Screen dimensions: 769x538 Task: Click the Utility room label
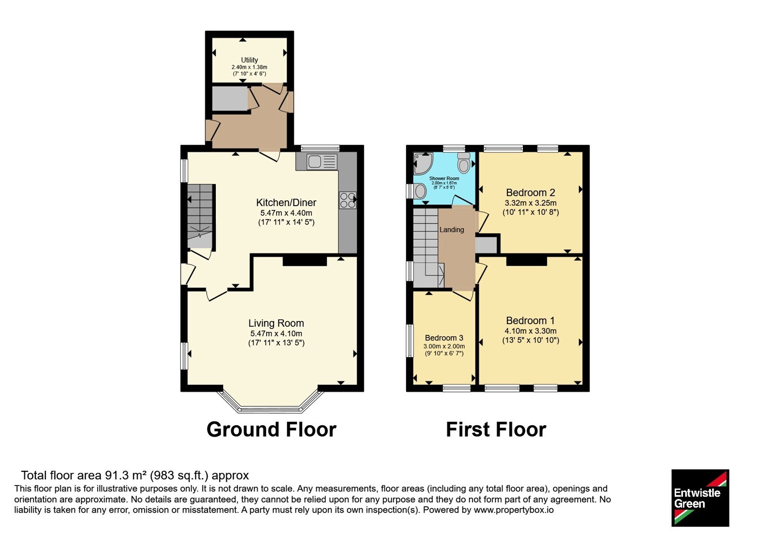pyautogui.click(x=249, y=60)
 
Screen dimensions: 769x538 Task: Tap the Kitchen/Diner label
pyautogui.click(x=286, y=202)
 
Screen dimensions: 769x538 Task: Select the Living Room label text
pyautogui.click(x=276, y=323)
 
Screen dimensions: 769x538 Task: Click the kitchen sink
pyautogui.click(x=322, y=161)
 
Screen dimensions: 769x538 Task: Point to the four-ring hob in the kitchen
pyautogui.click(x=348, y=200)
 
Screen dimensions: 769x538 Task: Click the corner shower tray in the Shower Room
pyautogui.click(x=423, y=163)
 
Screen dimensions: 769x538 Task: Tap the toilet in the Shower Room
pyautogui.click(x=464, y=162)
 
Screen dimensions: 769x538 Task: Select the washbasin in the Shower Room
pyautogui.click(x=420, y=191)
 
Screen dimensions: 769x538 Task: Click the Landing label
pyautogui.click(x=452, y=230)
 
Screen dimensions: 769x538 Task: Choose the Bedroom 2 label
pyautogui.click(x=531, y=193)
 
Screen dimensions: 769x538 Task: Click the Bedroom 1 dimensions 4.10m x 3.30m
pyautogui.click(x=531, y=331)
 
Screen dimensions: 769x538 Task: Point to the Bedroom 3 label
pyautogui.click(x=444, y=338)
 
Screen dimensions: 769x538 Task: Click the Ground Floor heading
pyautogui.click(x=272, y=429)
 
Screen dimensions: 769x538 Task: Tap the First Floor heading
pyautogui.click(x=496, y=429)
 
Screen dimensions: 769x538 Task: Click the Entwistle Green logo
pyautogui.click(x=700, y=498)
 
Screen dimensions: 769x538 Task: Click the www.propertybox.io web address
pyautogui.click(x=514, y=510)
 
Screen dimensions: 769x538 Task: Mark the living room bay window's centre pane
pyautogui.click(x=271, y=409)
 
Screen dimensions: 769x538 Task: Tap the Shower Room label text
pyautogui.click(x=444, y=178)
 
